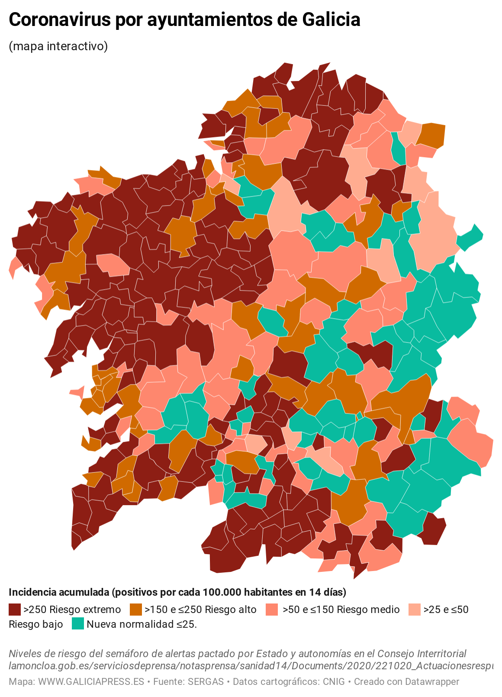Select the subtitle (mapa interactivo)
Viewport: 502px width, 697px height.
(x=58, y=46)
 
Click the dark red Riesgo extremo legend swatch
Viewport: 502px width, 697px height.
(x=15, y=610)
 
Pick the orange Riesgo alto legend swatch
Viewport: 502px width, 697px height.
(x=135, y=610)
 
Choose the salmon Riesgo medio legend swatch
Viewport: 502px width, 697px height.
(x=272, y=610)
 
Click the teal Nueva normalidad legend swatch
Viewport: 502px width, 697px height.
(x=77, y=624)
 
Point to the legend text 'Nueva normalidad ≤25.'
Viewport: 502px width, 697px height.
(x=142, y=624)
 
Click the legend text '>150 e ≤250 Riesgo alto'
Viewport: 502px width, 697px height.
(x=200, y=610)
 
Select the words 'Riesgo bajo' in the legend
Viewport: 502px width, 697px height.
(x=35, y=624)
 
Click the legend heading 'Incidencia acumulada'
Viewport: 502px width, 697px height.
(x=58, y=592)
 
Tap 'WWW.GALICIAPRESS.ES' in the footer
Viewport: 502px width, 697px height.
(x=91, y=682)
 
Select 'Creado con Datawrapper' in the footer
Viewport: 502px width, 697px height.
(x=406, y=682)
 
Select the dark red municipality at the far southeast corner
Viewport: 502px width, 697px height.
(x=434, y=528)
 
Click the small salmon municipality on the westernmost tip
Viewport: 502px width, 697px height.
(x=14, y=266)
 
